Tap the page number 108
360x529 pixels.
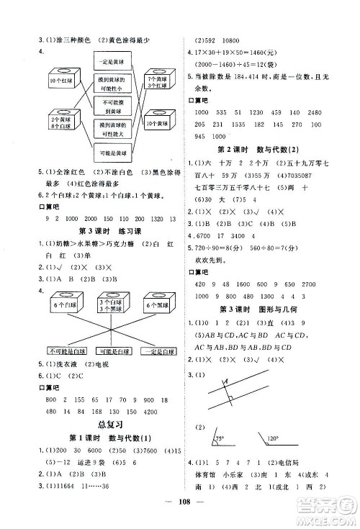(180, 515)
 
